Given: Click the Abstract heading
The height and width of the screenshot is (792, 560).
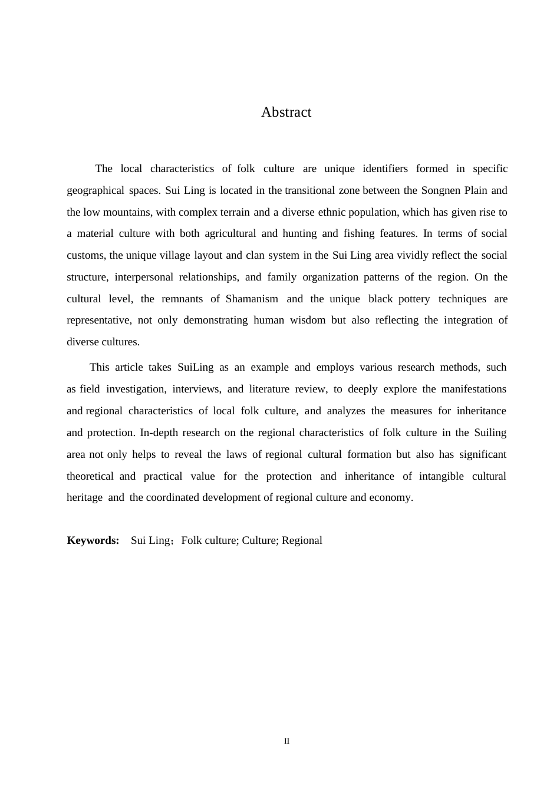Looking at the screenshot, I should click(286, 113).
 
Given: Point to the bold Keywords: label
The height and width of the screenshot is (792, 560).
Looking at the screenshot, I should click(93, 540).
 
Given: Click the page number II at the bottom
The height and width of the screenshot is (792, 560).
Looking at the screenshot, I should click(286, 741).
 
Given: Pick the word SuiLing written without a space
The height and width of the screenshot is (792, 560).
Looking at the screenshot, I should click(195, 367).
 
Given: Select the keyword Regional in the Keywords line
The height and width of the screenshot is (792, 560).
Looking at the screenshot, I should click(302, 540).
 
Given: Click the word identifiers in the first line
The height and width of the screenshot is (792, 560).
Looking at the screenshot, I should click(385, 169).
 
